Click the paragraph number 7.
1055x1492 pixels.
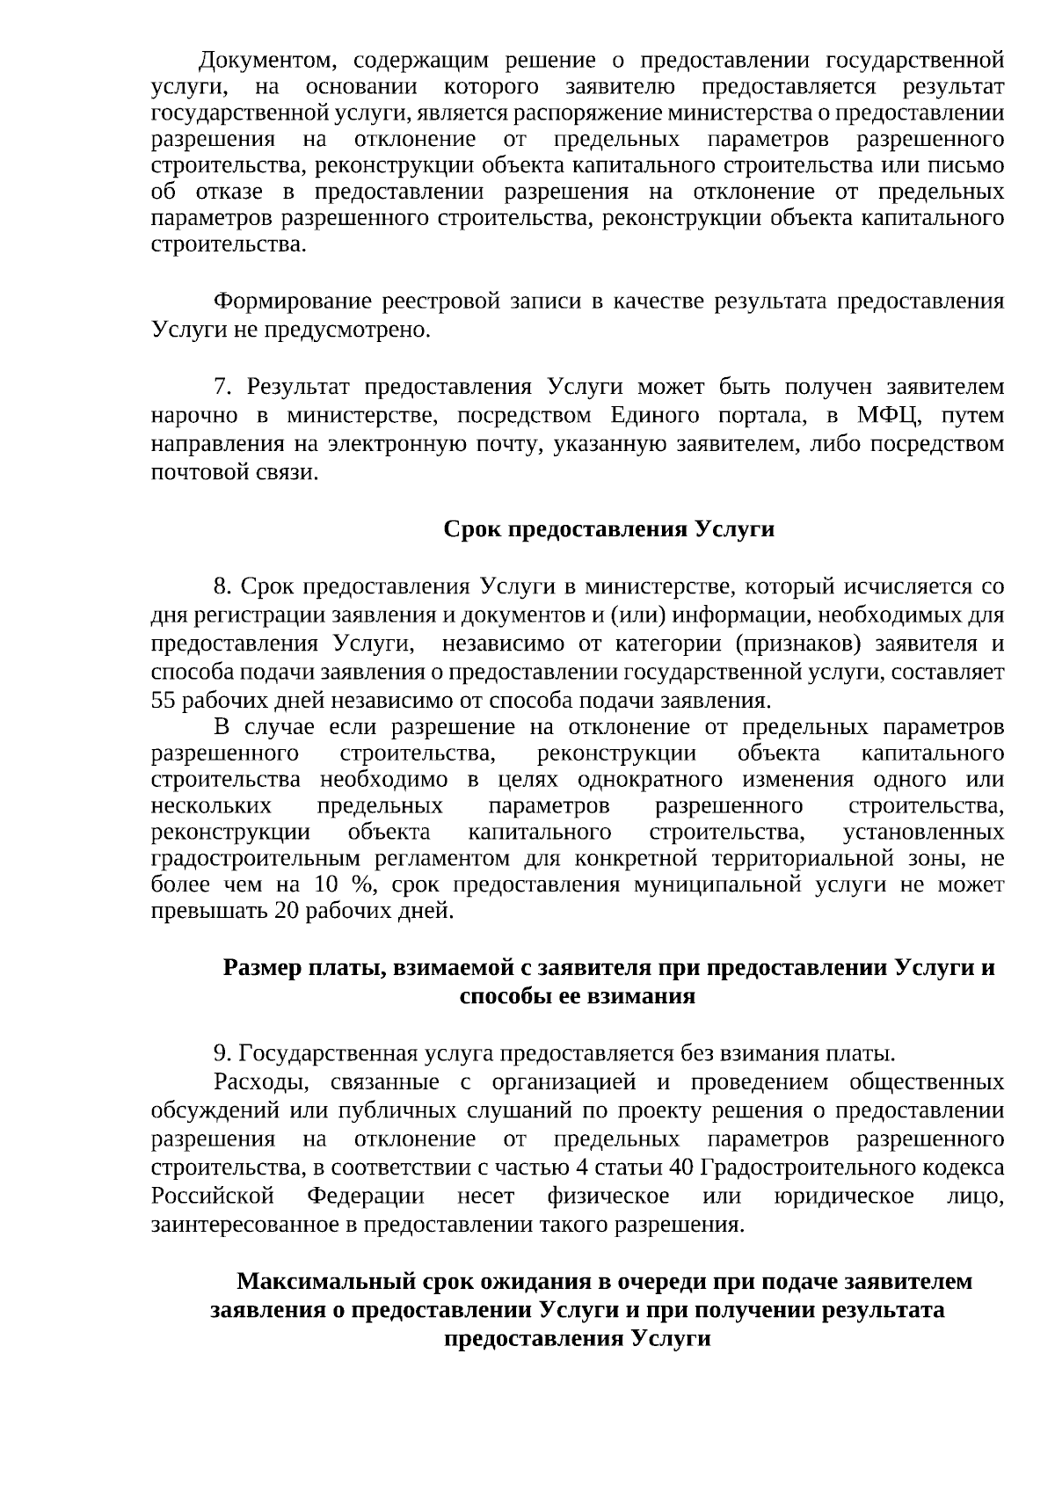click(222, 388)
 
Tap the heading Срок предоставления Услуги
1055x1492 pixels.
click(608, 529)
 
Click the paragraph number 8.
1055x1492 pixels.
click(222, 586)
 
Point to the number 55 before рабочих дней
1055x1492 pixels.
click(164, 701)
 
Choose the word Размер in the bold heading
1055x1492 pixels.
click(260, 968)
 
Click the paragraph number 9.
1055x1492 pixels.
click(222, 1053)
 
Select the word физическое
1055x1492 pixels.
click(608, 1196)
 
